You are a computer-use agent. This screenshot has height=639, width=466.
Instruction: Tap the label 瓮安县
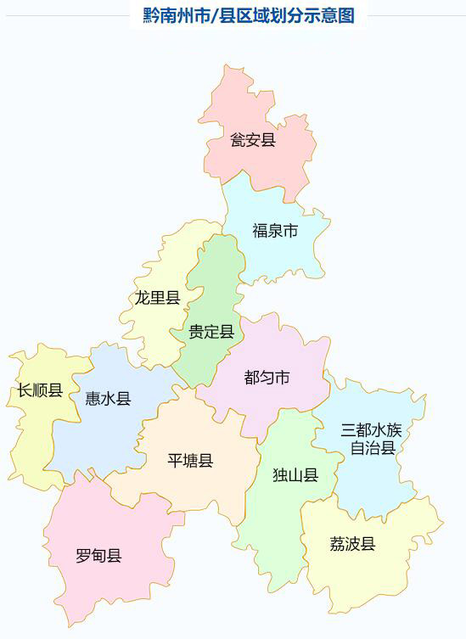coord(253,140)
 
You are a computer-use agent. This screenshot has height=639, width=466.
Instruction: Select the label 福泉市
coord(275,230)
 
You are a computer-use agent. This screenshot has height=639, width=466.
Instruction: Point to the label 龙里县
coord(157,297)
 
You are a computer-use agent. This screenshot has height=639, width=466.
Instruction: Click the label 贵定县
coord(211,332)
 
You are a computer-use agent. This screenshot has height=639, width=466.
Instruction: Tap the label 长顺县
coord(40,390)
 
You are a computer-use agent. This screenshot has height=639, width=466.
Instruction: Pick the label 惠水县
coord(109,399)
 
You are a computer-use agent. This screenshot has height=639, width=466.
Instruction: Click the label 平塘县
coord(190,461)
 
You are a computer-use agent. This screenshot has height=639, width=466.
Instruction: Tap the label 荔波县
coord(352,544)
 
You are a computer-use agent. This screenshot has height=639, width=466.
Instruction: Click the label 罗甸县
coord(98,557)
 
